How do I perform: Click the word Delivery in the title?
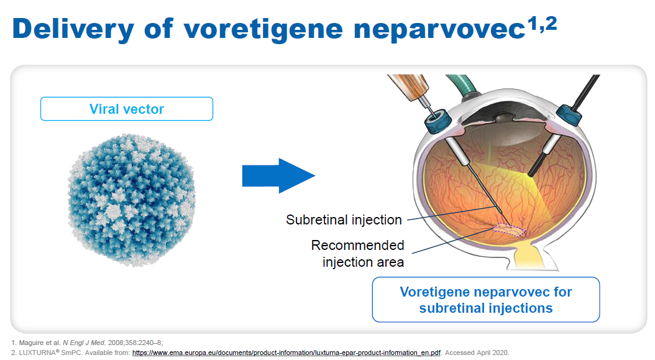(73, 29)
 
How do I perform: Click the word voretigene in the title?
(263, 29)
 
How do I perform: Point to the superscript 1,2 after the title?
(543, 24)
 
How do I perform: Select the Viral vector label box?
(127, 109)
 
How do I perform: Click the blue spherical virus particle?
(131, 200)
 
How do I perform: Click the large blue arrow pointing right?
(278, 175)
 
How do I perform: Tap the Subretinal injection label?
(344, 219)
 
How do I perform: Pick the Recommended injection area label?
(357, 254)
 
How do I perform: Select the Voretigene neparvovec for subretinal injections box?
(486, 299)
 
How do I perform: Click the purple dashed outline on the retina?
(510, 231)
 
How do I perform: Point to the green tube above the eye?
(462, 83)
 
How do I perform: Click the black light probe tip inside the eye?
(531, 174)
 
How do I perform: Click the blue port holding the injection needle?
(437, 121)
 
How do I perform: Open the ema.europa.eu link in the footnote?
(286, 353)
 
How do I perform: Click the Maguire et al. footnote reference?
(87, 343)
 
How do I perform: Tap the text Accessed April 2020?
(477, 353)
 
